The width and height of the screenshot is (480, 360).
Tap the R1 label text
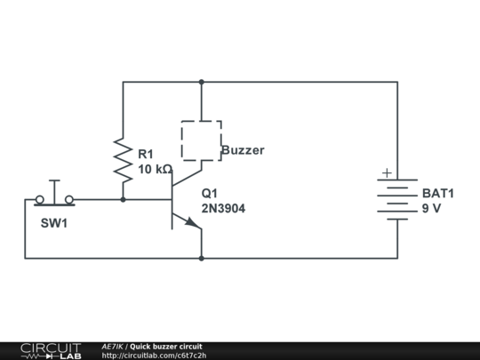coord(145,154)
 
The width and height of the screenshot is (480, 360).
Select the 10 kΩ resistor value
coord(155,169)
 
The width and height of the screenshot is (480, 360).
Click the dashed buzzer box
coord(201,140)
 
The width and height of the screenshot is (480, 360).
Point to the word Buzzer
coord(243,150)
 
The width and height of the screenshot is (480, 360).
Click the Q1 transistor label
coord(209,193)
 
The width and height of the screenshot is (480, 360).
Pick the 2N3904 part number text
coord(223,209)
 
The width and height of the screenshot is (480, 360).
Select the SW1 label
coord(54,223)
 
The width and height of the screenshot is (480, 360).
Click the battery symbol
coord(396,199)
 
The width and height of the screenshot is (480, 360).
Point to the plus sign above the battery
coord(386,173)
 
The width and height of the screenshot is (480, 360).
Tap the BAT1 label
coord(438,193)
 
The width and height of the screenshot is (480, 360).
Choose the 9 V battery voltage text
coord(431,209)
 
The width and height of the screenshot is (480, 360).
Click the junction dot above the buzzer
coord(201,82)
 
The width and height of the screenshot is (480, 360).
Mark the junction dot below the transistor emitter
coord(201,259)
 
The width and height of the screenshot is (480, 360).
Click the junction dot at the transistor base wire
coord(123,200)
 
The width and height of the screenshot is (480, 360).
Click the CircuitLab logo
coord(50,349)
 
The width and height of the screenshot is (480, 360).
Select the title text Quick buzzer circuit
coord(166,346)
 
